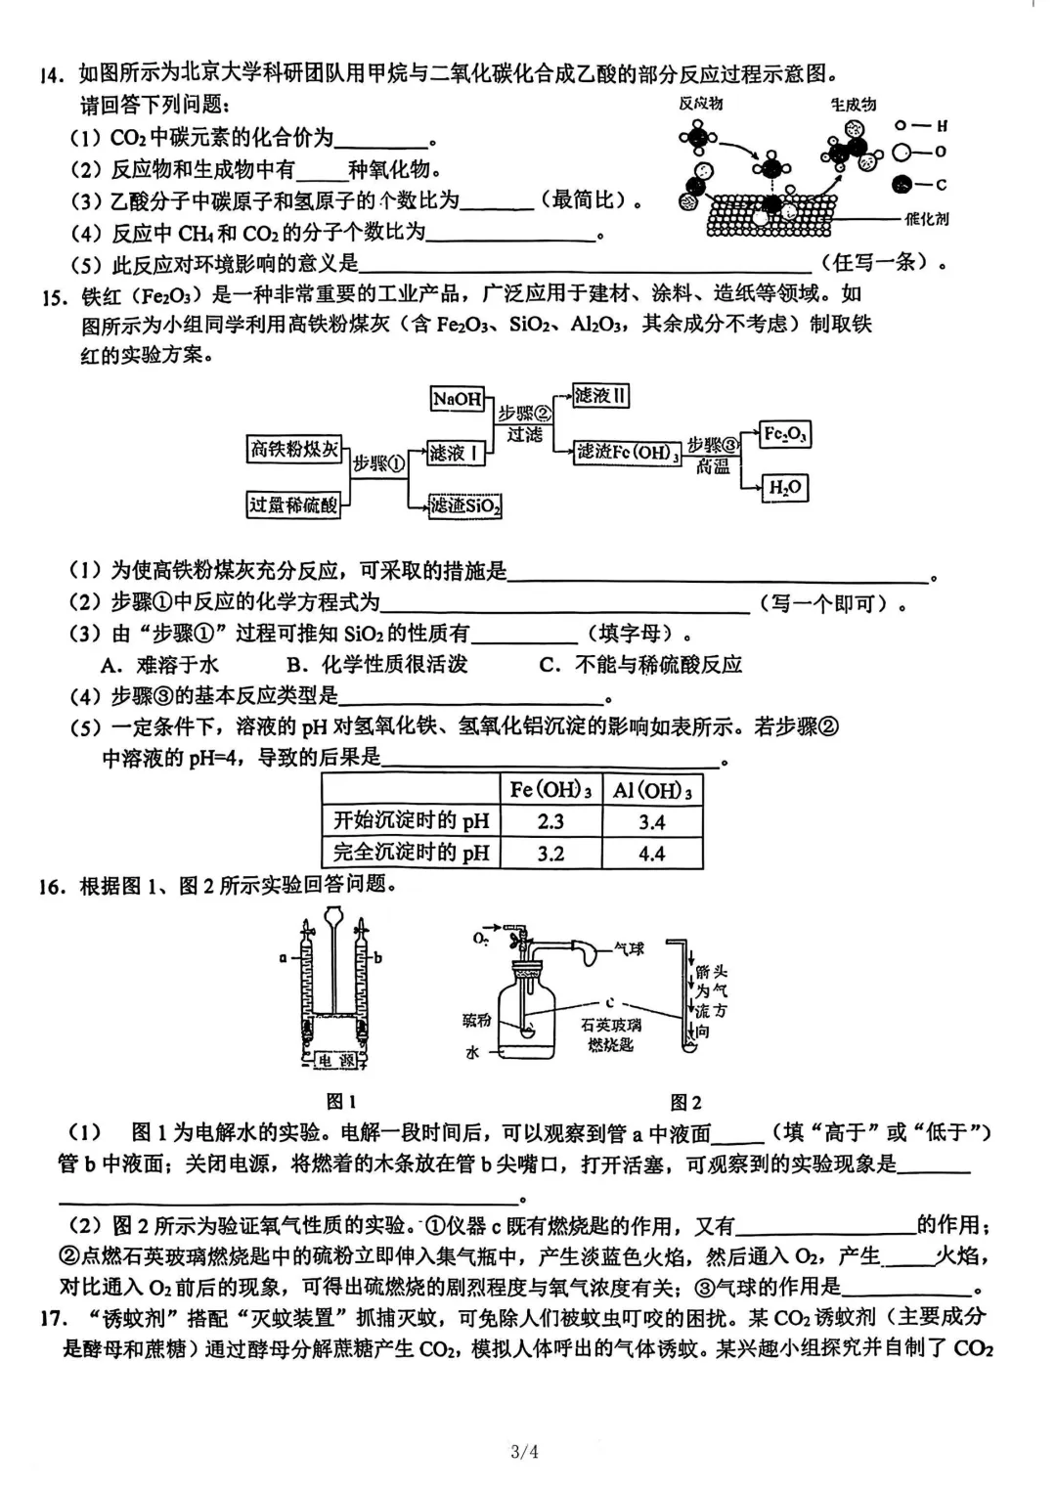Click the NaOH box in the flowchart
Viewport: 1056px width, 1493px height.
point(458,398)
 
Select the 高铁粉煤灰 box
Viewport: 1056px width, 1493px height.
point(293,449)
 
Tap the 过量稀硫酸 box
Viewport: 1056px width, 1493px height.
point(293,505)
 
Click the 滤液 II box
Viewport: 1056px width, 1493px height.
point(600,396)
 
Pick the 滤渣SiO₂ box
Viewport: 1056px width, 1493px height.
point(464,505)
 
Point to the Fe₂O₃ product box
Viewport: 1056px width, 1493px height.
point(785,434)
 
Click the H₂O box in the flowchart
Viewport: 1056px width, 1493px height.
point(785,487)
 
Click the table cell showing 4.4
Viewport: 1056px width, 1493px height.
point(651,854)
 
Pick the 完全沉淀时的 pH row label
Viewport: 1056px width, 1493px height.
point(412,853)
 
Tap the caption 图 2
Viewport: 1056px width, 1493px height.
point(685,1102)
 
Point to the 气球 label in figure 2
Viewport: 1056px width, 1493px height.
point(629,948)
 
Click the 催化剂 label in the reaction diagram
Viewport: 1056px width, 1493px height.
point(927,219)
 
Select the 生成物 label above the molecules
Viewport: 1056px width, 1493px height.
point(853,105)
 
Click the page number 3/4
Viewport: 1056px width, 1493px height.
point(524,1451)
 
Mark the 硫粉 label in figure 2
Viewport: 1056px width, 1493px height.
point(476,1021)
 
